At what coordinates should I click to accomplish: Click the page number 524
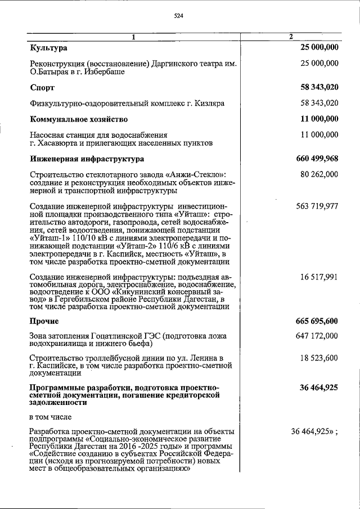(x=179, y=16)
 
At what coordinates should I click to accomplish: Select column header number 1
(x=134, y=37)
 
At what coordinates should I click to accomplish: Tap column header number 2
(x=291, y=37)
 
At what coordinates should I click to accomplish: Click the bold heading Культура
(x=48, y=48)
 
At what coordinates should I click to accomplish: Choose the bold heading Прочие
(x=44, y=321)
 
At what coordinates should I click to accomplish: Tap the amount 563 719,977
(x=317, y=206)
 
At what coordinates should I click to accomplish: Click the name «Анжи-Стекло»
(x=197, y=174)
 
